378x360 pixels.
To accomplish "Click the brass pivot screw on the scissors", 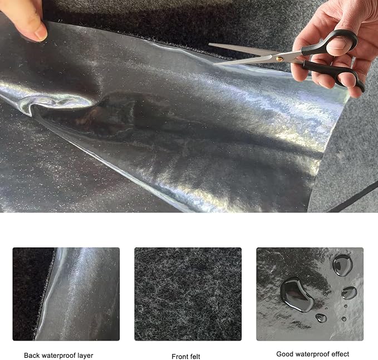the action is (x=279, y=59).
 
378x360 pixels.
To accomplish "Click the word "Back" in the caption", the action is (x=31, y=356).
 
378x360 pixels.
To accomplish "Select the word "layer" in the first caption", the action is (x=85, y=356).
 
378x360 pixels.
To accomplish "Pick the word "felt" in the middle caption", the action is (x=194, y=357).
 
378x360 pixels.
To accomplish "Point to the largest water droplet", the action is (x=297, y=294).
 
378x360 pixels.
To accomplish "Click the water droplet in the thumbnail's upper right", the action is (x=342, y=265).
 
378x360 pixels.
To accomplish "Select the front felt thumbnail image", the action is (x=188, y=294).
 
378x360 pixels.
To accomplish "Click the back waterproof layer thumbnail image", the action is (x=66, y=294).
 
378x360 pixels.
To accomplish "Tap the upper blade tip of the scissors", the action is (x=209, y=44).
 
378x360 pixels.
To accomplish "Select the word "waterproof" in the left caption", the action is (x=57, y=356).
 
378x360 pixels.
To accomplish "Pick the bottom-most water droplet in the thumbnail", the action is (x=321, y=318).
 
